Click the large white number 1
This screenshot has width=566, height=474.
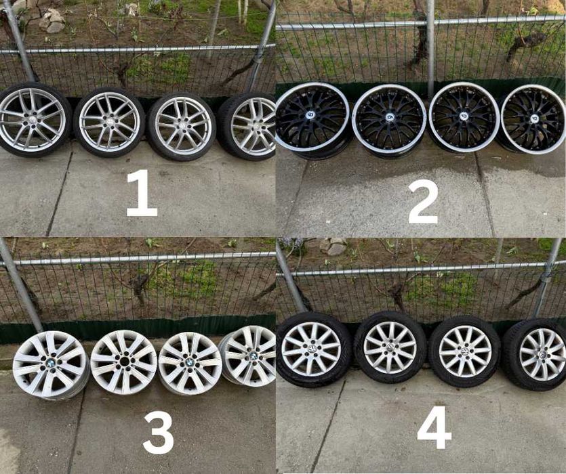tap(142, 192)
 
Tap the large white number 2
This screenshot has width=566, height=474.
tap(423, 202)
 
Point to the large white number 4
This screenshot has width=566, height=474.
tap(434, 427)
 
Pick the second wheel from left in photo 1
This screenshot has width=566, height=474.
tap(109, 122)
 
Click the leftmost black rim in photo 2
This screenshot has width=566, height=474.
tap(312, 120)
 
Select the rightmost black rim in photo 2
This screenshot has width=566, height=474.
tap(531, 120)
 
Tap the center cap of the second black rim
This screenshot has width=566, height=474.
tap(390, 117)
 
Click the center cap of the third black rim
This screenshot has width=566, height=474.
tap(465, 116)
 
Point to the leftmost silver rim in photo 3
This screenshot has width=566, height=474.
tap(51, 365)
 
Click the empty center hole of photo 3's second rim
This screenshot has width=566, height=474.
tap(124, 362)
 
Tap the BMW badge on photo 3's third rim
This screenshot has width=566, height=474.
tap(190, 362)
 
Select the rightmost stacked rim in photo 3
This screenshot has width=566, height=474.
tap(247, 356)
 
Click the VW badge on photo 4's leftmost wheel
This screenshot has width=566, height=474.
tap(311, 349)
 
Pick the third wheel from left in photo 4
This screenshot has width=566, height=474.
tap(465, 351)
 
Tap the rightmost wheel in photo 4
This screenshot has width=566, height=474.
tap(535, 355)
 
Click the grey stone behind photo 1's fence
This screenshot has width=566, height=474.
tap(52, 20)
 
